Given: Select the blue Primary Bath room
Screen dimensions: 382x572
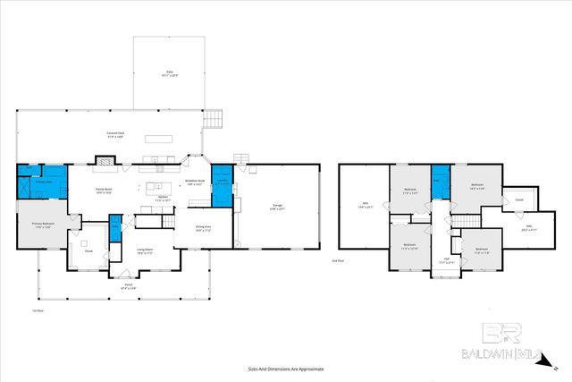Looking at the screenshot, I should [42, 182].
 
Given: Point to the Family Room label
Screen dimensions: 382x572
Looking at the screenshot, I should [105, 191].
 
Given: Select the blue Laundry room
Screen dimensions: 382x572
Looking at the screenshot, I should [222, 183].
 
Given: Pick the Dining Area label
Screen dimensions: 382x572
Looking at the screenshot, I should [204, 228].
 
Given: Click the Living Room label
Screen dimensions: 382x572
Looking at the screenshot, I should [145, 251].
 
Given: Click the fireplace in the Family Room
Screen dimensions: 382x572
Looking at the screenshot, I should [105, 162].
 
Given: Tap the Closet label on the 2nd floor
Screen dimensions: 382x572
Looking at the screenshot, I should [518, 199].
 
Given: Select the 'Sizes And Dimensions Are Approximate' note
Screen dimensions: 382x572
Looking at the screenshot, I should [285, 369].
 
